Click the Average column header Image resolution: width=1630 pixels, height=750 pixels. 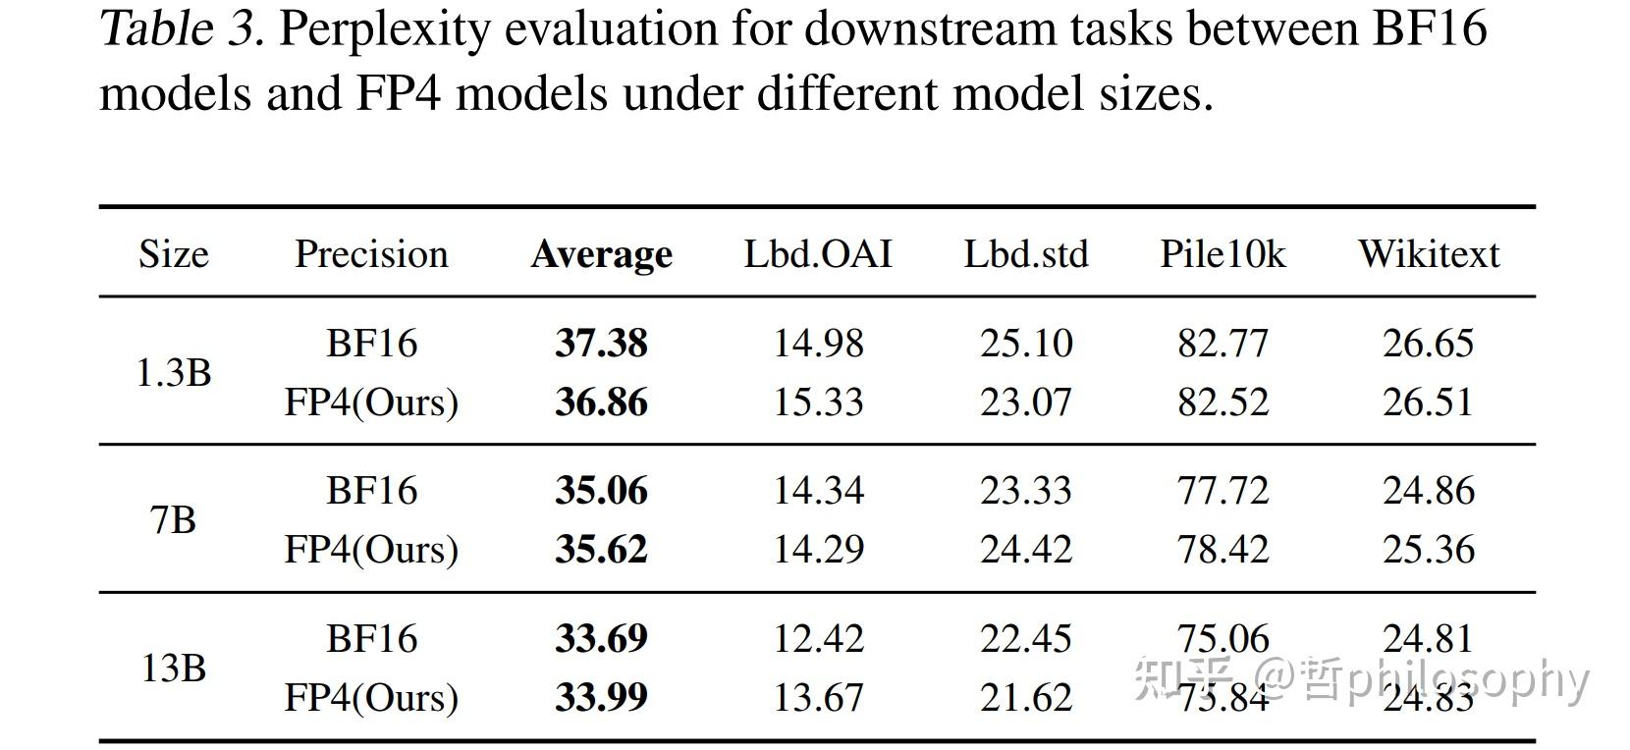pyautogui.click(x=601, y=254)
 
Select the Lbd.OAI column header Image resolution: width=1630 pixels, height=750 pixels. pyautogui.click(x=818, y=254)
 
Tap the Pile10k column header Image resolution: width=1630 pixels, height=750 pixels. pyautogui.click(x=1222, y=254)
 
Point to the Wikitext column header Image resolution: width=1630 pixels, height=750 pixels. pyautogui.click(x=1429, y=254)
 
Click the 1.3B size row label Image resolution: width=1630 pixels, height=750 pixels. pyautogui.click(x=173, y=373)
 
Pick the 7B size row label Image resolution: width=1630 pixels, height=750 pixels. pyautogui.click(x=173, y=520)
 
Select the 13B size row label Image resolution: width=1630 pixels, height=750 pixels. pyautogui.click(x=173, y=669)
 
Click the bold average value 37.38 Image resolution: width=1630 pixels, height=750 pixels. pyautogui.click(x=601, y=344)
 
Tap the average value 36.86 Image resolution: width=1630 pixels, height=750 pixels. pyautogui.click(x=601, y=402)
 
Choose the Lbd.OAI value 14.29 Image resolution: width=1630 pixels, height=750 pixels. pyautogui.click(x=818, y=550)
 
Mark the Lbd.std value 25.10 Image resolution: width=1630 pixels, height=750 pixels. pyautogui.click(x=1026, y=344)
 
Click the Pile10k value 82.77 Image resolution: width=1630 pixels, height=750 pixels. pyautogui.click(x=1222, y=344)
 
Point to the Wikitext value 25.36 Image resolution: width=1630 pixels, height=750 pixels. pyautogui.click(x=1429, y=550)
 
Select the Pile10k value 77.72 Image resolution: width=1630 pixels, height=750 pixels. pyautogui.click(x=1222, y=491)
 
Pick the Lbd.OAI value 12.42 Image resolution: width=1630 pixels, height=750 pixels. pyautogui.click(x=818, y=639)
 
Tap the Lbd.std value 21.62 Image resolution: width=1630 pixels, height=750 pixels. pyautogui.click(x=1026, y=698)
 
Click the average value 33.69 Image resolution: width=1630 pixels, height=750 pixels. pyautogui.click(x=601, y=639)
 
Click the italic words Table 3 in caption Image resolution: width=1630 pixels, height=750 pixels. pyautogui.click(x=182, y=29)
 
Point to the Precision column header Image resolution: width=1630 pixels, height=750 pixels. pyautogui.click(x=371, y=254)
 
